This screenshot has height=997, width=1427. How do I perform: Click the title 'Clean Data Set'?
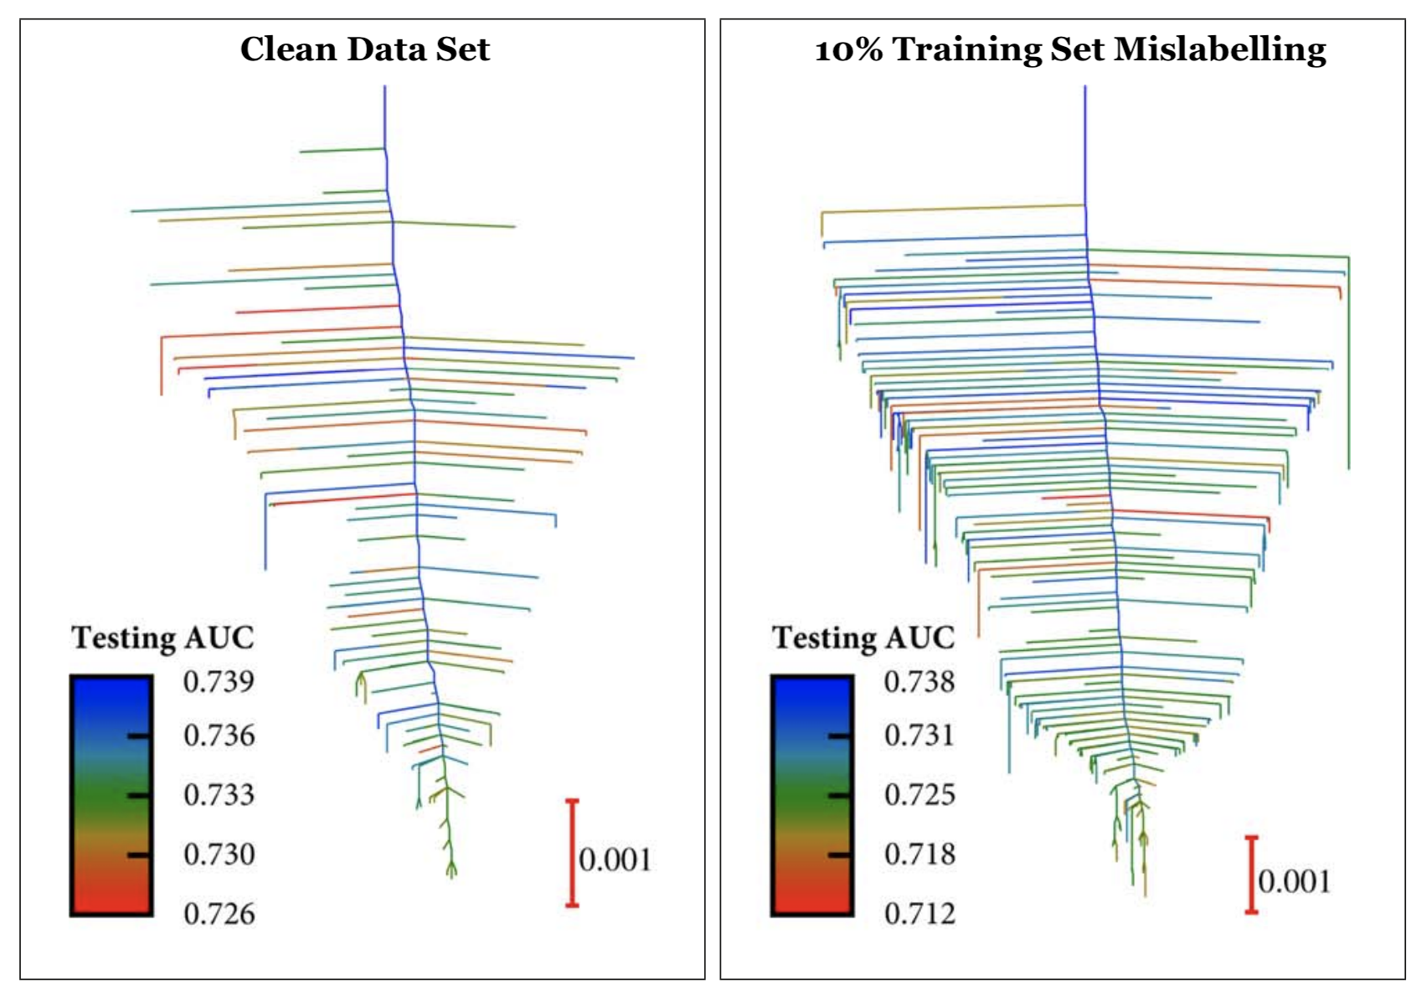click(364, 49)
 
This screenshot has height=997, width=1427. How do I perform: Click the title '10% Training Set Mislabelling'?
click(1070, 49)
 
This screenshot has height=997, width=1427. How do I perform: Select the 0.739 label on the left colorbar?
click(219, 681)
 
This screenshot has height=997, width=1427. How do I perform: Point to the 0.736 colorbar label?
click(219, 736)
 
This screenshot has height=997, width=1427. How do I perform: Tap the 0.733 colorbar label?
click(219, 794)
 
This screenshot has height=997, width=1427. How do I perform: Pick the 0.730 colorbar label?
click(219, 855)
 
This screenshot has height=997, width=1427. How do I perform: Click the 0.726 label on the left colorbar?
click(219, 913)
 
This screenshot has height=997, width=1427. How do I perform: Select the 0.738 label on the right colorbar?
click(920, 681)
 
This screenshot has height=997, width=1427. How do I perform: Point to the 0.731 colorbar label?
click(920, 736)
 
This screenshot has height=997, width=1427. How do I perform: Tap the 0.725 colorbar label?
click(920, 794)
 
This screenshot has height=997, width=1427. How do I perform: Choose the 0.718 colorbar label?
click(920, 855)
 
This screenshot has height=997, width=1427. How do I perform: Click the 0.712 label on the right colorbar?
click(920, 913)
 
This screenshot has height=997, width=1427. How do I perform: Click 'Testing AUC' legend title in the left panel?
click(162, 638)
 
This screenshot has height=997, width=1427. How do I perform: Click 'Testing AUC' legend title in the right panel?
click(863, 638)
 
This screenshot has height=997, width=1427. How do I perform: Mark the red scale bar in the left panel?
click(572, 853)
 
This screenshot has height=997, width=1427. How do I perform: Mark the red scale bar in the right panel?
click(1251, 875)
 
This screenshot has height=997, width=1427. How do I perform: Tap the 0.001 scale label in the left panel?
click(615, 860)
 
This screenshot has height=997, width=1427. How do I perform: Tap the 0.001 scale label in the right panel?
click(1294, 881)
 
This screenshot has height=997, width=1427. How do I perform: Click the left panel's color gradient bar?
click(111, 795)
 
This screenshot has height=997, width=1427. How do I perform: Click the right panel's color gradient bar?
click(812, 795)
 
